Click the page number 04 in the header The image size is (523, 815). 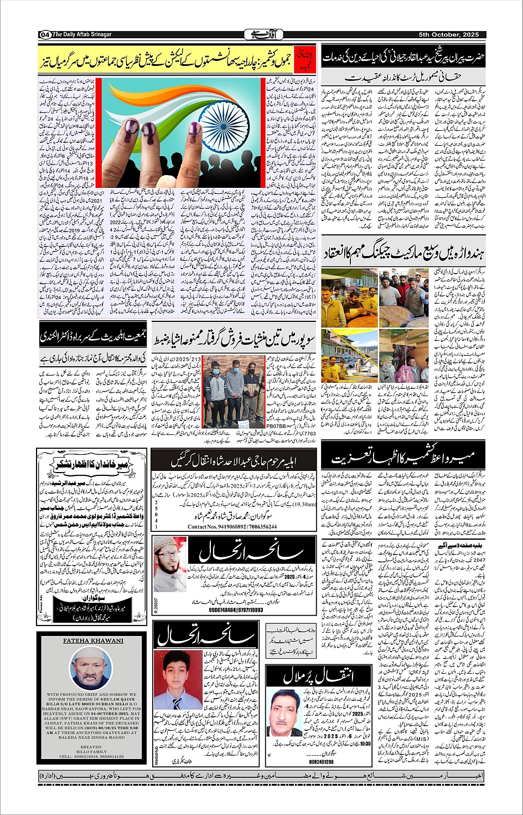click(45, 34)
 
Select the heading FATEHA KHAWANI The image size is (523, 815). click(93, 640)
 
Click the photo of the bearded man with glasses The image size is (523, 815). click(169, 564)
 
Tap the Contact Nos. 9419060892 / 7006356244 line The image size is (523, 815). click(232, 526)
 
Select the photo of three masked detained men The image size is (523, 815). click(234, 386)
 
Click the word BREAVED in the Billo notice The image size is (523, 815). click(91, 746)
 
